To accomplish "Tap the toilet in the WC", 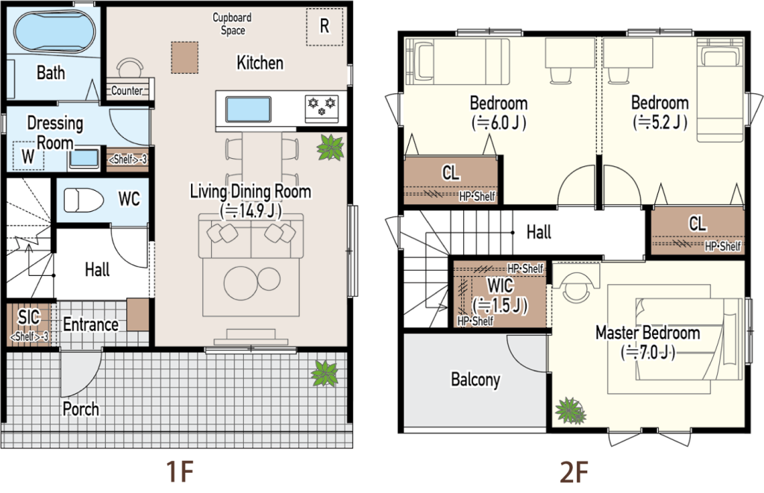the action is [84, 200].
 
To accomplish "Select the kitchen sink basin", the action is [248, 110].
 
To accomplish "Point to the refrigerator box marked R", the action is [325, 28].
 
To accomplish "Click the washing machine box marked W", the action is [28, 156].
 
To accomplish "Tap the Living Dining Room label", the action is [251, 192].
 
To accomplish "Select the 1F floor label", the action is [181, 471].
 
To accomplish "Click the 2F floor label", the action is [574, 471].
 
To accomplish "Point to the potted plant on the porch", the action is [325, 374].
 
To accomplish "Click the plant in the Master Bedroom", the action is [571, 411].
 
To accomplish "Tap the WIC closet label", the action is [500, 285].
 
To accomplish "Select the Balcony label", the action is [475, 380].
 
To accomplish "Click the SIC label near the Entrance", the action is [29, 317].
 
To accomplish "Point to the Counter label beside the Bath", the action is [127, 90].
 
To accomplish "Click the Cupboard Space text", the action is [233, 24].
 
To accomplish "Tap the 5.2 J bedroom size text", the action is [660, 122].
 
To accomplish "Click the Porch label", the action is [81, 409].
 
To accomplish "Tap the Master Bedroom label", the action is [648, 333].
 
